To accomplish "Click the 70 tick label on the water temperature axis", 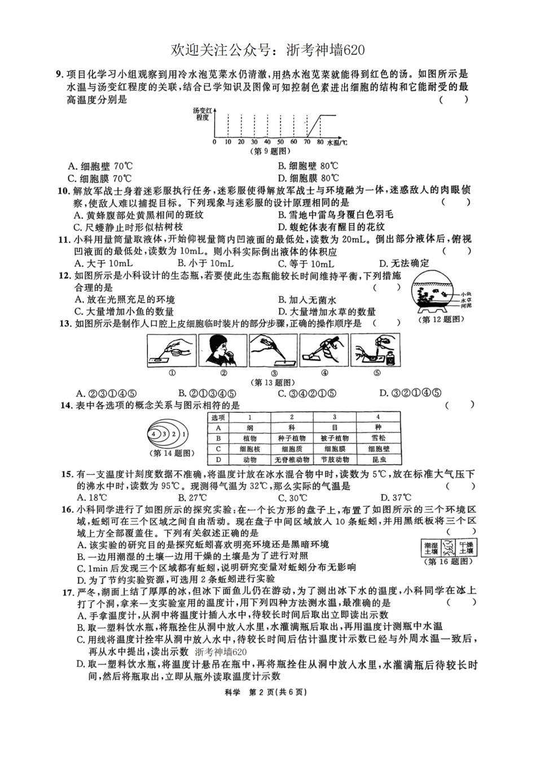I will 307,142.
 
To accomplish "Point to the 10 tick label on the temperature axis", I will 227,142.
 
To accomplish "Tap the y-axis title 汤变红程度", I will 201,115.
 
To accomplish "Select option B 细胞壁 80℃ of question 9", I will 308,166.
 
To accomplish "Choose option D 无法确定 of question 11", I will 404,263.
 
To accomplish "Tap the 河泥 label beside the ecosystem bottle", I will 465,306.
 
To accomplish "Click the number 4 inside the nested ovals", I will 153,434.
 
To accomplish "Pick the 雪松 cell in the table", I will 378,438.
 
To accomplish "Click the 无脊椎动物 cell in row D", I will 291,460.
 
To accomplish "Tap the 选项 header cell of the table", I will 218,417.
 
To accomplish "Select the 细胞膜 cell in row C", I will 335,449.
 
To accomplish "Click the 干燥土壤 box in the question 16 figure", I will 466,548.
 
